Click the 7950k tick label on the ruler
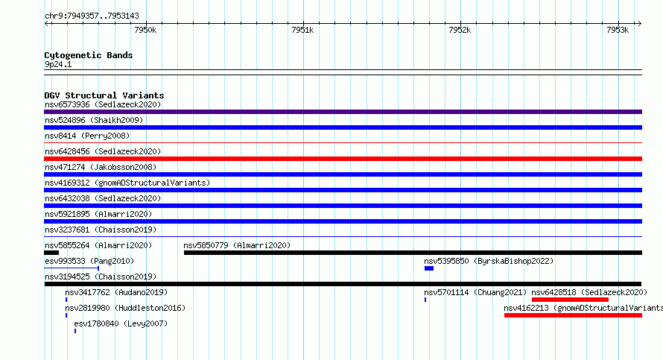[145, 30]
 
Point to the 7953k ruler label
[618, 30]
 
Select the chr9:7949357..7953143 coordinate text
[92, 16]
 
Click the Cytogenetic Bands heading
[89, 55]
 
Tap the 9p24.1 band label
[58, 64]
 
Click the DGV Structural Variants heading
[104, 95]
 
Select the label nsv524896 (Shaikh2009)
[94, 120]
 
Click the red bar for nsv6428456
[343, 159]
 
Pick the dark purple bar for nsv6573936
[343, 112]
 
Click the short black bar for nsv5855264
[51, 253]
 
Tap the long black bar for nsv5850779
[413, 253]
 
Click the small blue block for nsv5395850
[429, 268]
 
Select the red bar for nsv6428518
[570, 300]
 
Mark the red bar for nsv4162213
[573, 315]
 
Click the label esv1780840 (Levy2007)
[121, 323]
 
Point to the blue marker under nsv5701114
[425, 300]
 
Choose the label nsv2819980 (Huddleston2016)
[125, 308]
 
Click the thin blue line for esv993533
[72, 268]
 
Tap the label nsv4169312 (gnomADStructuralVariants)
[127, 183]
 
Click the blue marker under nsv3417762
[66, 300]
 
